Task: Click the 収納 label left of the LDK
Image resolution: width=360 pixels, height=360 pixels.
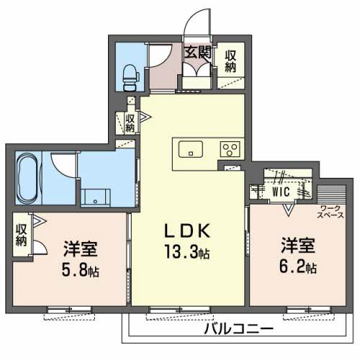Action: pyautogui.click(x=130, y=123)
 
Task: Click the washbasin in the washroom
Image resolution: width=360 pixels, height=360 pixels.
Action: pyautogui.click(x=94, y=194)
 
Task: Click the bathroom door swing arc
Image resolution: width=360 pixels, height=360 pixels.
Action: pyautogui.click(x=65, y=164)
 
